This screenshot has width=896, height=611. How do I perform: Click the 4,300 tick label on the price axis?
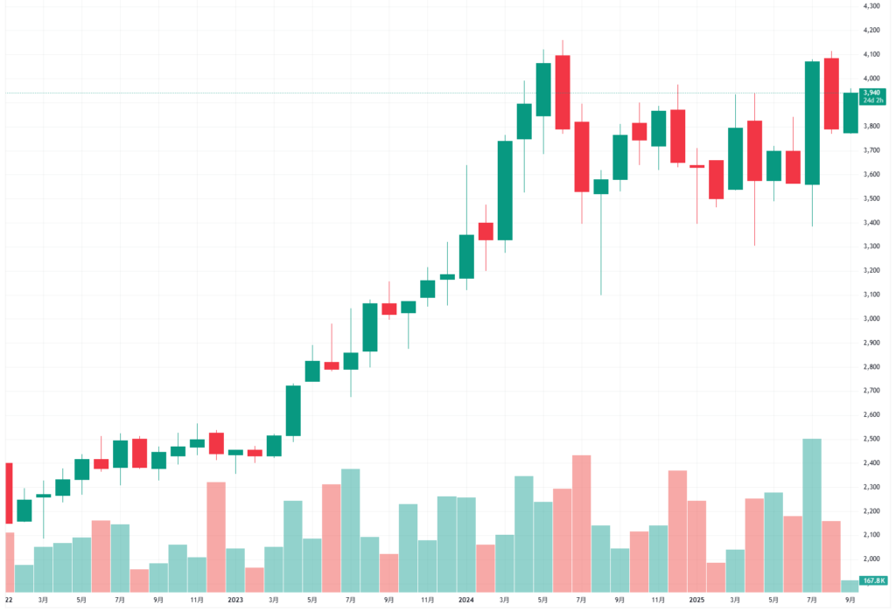[870, 6]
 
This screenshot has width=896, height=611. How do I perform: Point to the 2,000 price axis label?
[870, 559]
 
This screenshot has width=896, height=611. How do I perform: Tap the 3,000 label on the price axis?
[870, 318]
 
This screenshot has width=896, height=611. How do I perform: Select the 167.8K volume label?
[871, 580]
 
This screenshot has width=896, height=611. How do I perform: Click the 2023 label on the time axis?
[234, 601]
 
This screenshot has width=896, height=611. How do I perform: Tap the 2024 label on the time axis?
[465, 601]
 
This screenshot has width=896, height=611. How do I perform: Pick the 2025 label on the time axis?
[696, 601]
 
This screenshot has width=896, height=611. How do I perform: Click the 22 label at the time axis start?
[8, 601]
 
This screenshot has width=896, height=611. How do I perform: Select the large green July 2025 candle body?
[812, 122]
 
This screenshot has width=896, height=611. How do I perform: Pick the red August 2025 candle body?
[831, 94]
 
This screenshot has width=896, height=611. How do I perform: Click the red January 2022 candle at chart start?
[9, 493]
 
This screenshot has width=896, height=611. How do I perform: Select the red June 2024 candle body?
[563, 92]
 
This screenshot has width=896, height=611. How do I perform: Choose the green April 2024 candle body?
[524, 122]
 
